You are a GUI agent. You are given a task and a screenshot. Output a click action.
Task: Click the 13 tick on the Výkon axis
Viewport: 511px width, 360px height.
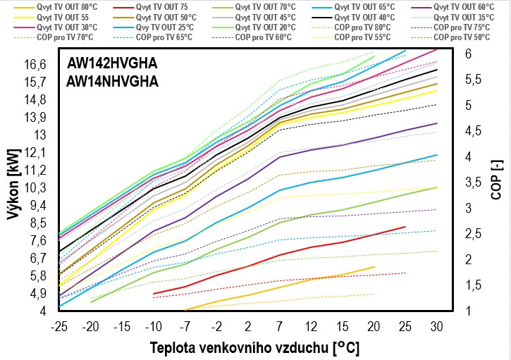(x=39, y=135)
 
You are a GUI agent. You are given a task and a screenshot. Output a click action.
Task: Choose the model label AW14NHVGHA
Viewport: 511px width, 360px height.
(x=112, y=81)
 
